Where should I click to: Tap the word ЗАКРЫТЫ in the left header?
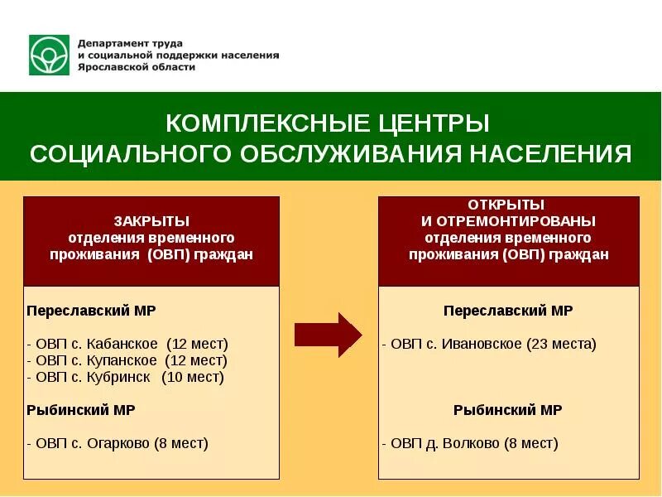151,221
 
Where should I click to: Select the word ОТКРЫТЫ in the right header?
506,205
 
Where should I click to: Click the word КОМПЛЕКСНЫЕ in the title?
254,123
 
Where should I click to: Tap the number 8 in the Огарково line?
165,443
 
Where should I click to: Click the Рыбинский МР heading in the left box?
81,410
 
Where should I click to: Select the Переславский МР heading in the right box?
508,311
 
